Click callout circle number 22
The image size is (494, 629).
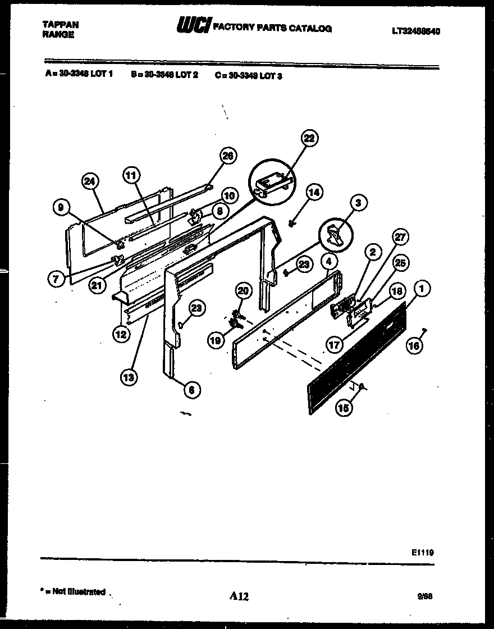click(x=309, y=138)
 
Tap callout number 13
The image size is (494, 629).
click(x=129, y=377)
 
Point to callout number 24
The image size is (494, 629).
click(x=89, y=181)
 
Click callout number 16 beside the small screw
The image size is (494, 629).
click(x=413, y=347)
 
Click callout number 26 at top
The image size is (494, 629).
click(x=227, y=157)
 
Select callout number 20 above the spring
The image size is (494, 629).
click(x=242, y=290)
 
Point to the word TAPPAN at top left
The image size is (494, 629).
click(x=61, y=25)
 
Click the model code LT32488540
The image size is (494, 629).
click(x=415, y=32)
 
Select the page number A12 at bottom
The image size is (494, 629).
click(x=239, y=597)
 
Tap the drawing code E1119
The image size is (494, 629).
click(x=422, y=553)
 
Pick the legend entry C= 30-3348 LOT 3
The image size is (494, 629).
click(x=248, y=75)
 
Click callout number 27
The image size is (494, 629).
click(x=401, y=237)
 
